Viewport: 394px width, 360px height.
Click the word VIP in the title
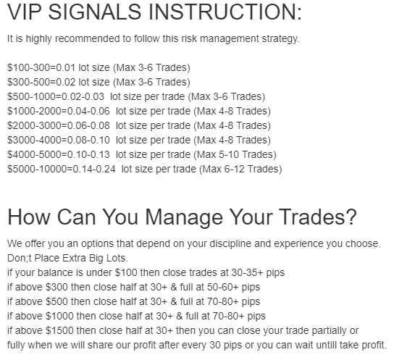coord(24,12)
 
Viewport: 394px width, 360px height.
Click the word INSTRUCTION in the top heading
coord(225,12)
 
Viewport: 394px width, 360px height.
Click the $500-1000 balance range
coord(31,97)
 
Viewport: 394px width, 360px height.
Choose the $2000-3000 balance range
coord(34,125)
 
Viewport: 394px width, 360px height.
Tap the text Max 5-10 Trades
coord(235,154)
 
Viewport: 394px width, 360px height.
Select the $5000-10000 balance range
coord(37,169)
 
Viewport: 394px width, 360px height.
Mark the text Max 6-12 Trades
coord(240,169)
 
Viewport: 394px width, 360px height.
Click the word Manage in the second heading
coord(184,217)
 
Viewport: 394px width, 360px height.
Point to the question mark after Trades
coord(352,217)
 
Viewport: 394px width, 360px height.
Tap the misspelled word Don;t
coord(19,259)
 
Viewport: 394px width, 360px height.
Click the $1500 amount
coord(59,330)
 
